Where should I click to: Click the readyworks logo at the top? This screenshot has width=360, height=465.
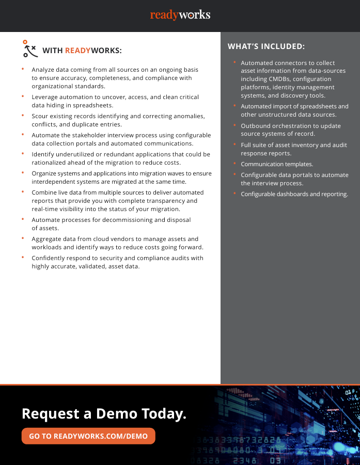(180, 15)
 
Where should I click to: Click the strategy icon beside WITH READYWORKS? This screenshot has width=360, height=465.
(30, 49)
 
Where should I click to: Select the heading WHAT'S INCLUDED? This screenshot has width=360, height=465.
(266, 46)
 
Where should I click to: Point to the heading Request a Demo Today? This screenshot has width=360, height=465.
(104, 413)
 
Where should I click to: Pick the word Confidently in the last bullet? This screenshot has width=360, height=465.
(49, 258)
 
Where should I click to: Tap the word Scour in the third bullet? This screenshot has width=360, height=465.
(40, 116)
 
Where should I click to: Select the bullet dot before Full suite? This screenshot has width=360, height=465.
(234, 145)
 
